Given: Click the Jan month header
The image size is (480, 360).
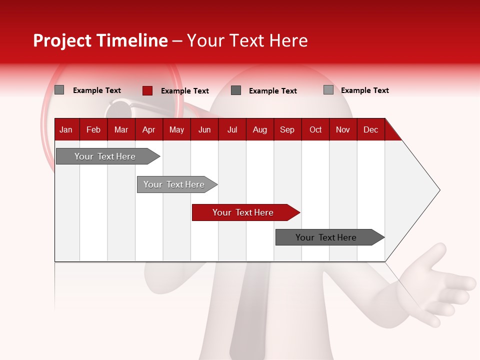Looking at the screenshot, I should point(66,129).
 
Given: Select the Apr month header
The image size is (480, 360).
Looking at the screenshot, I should point(148,129).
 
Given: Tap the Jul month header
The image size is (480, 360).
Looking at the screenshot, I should point(232,129).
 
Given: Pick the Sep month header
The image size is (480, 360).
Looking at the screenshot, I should point(287,129).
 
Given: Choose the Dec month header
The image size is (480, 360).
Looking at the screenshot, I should point(370,129).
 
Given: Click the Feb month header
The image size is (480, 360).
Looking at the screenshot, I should point(93,129).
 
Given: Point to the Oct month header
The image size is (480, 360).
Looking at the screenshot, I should point(315,129).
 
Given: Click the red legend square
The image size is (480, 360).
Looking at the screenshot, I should point(147,90).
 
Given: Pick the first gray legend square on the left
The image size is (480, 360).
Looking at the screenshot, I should point(59,90).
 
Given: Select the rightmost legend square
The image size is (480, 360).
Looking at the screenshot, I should point(328,90).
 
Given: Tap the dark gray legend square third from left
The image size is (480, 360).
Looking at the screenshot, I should point(236,90).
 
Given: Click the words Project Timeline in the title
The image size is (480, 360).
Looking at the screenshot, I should point(100,40).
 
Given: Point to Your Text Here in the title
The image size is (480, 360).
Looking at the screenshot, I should point(247,40).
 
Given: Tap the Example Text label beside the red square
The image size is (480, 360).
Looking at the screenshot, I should point(185,91).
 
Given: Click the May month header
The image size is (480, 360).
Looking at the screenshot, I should point(176,129).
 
